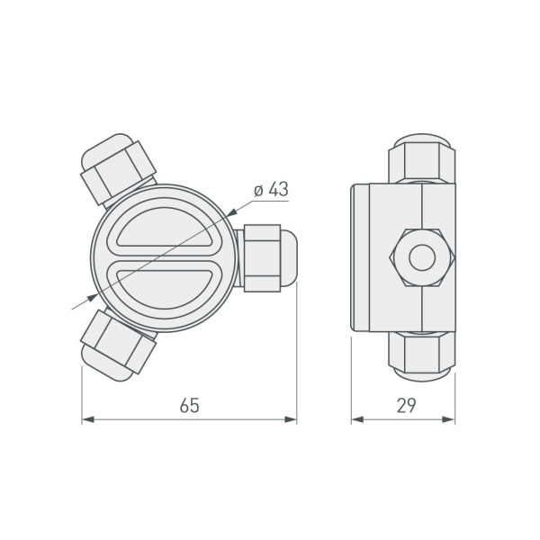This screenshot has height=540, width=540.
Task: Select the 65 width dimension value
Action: click(x=188, y=405)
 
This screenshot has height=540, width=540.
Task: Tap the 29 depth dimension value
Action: click(x=405, y=405)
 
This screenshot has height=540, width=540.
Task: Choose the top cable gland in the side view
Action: click(x=421, y=160)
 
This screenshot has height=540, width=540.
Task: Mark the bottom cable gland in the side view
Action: click(x=421, y=355)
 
